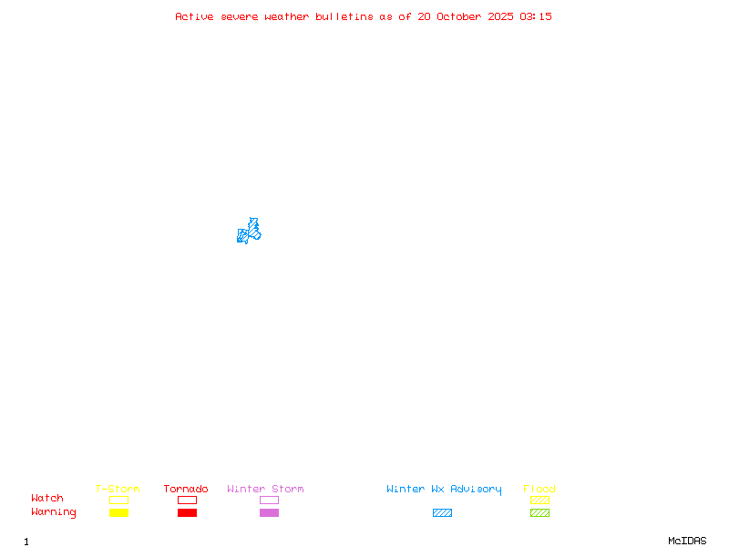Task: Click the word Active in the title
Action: pos(194,16)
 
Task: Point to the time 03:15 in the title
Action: pos(536,16)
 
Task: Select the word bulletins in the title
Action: pos(344,16)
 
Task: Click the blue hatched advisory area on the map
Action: pos(250,232)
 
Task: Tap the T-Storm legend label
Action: pos(118,490)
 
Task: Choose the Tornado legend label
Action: pos(186,490)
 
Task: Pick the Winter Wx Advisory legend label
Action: pos(444,490)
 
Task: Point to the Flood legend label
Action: pos(539,490)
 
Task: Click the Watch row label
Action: pos(47,499)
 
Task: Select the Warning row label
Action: pos(54,512)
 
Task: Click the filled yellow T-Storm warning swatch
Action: pos(118,513)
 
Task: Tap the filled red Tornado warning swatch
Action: pos(187,513)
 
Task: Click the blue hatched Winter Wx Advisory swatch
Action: pos(442,513)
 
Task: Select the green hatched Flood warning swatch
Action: pos(539,513)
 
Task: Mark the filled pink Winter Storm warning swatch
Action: pos(269,513)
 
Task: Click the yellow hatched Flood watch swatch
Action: pos(539,501)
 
